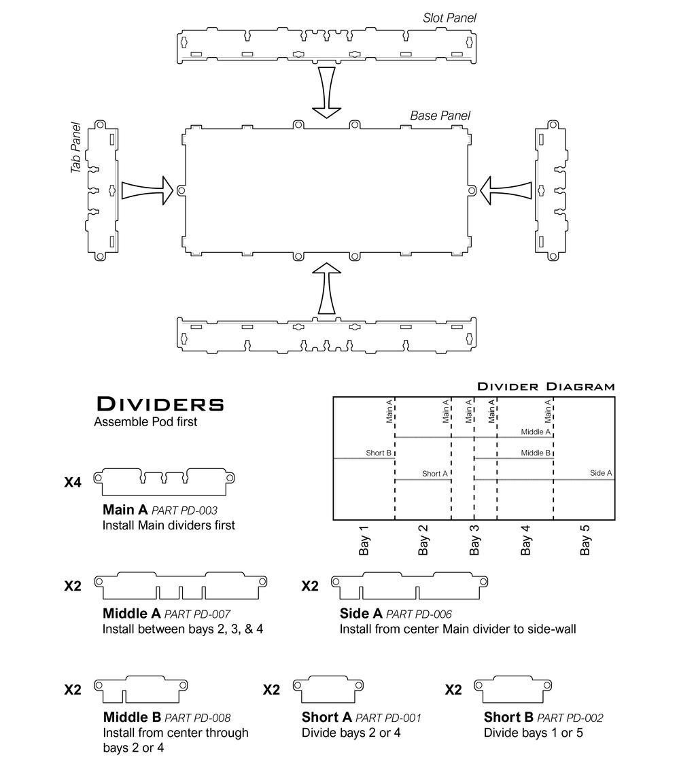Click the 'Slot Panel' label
click(449, 18)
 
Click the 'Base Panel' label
click(440, 116)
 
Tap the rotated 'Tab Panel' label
click(76, 147)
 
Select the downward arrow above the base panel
click(326, 92)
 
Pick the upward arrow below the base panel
click(326, 289)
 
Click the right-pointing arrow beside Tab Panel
click(147, 190)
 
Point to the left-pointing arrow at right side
click(506, 190)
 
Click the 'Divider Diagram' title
click(546, 387)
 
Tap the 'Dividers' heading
click(160, 404)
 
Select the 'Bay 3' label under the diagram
click(474, 540)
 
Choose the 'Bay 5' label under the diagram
click(585, 540)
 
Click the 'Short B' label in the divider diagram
click(379, 453)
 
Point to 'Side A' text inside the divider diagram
click(601, 473)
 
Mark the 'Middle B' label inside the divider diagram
click(536, 453)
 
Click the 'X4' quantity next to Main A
click(73, 483)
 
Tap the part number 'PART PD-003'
click(184, 510)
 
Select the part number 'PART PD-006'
click(419, 614)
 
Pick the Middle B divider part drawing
click(141, 690)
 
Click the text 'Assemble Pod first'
click(145, 422)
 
